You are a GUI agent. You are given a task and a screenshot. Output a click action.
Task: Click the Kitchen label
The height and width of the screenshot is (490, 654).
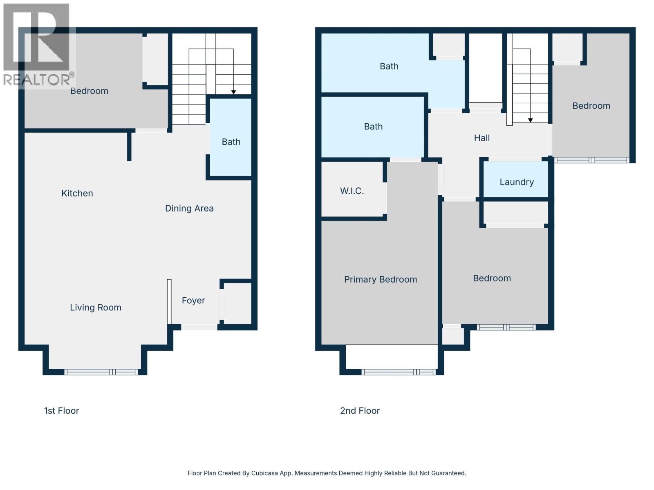(x=77, y=194)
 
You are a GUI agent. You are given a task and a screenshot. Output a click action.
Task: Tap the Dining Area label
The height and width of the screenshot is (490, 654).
(x=189, y=209)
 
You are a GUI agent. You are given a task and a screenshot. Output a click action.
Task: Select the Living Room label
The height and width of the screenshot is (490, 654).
(x=96, y=307)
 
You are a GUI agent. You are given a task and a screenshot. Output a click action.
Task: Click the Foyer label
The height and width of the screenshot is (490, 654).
(x=193, y=301)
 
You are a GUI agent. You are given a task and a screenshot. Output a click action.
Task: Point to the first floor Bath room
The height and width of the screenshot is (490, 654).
(x=231, y=142)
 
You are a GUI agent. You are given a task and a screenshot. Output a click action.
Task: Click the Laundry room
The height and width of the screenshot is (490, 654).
(x=517, y=182)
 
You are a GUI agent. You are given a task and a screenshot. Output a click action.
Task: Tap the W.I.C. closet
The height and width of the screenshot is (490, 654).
(x=352, y=191)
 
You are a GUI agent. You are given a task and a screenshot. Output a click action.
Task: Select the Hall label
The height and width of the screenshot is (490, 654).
(x=482, y=138)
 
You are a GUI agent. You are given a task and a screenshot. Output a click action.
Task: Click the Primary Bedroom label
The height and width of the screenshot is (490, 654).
(x=381, y=280)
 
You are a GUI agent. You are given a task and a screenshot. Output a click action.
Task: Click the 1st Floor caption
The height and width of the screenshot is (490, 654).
(x=62, y=411)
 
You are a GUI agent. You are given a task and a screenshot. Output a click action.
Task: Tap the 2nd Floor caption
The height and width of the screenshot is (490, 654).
(x=360, y=411)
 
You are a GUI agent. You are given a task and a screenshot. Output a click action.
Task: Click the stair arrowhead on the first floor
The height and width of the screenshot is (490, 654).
(x=233, y=92)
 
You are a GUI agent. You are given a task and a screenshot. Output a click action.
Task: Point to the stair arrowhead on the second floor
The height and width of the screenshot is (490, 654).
(x=530, y=120)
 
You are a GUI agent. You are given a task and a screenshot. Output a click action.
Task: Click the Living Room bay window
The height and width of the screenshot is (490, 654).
(x=101, y=372)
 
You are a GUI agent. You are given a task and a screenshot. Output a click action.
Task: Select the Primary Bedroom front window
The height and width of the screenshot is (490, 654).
(x=399, y=372)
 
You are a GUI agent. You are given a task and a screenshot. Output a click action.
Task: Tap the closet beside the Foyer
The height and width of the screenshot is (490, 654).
(x=237, y=303)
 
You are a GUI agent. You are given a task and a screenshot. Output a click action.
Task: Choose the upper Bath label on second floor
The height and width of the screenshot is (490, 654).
(x=389, y=66)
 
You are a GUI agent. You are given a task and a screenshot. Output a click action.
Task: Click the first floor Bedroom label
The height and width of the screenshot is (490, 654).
(x=89, y=91)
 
